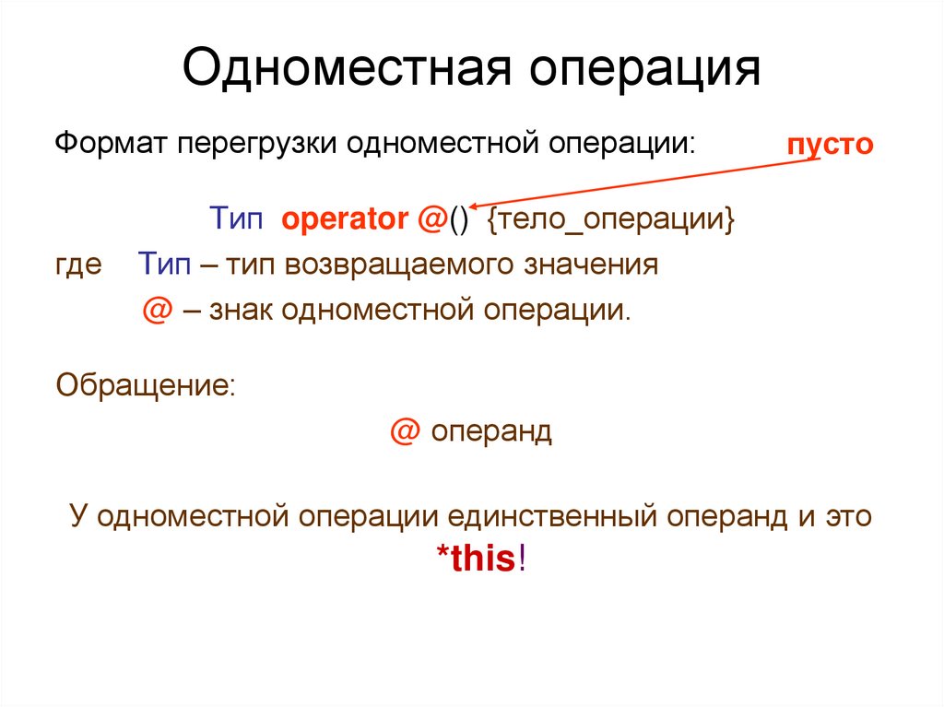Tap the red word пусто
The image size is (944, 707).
coord(829,146)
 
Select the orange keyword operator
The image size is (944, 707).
coord(344,220)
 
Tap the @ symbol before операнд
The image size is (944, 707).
coord(403,430)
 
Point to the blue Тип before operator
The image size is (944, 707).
coord(237,220)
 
